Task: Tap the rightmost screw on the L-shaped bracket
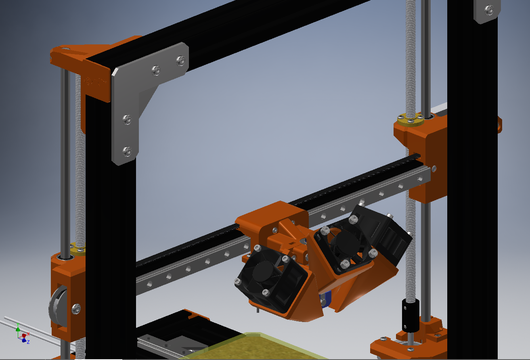[x=180, y=61]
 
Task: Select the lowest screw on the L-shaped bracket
[x=127, y=151]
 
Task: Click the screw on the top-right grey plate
[x=489, y=10]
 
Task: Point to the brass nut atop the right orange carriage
[x=411, y=119]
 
